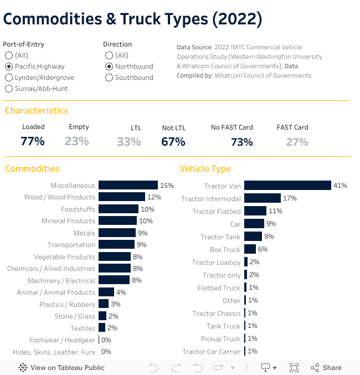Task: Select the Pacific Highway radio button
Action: (9, 66)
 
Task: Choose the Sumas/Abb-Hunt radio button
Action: (9, 89)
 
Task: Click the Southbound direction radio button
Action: (109, 78)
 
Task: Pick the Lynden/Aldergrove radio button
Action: (9, 78)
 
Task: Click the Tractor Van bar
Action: (287, 186)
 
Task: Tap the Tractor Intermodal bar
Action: (263, 198)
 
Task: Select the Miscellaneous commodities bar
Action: (128, 186)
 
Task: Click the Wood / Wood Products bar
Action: (122, 197)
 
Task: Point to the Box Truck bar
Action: (250, 249)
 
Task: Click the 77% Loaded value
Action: (33, 141)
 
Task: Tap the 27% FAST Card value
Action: (297, 142)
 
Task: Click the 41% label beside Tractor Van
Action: (340, 186)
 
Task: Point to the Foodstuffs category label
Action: (78, 209)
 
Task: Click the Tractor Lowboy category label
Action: (217, 263)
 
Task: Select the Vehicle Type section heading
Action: (205, 168)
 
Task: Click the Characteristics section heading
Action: (37, 111)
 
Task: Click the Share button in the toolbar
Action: (326, 367)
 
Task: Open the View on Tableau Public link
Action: (61, 367)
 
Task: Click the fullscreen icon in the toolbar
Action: (294, 367)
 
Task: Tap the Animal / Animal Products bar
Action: (106, 292)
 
